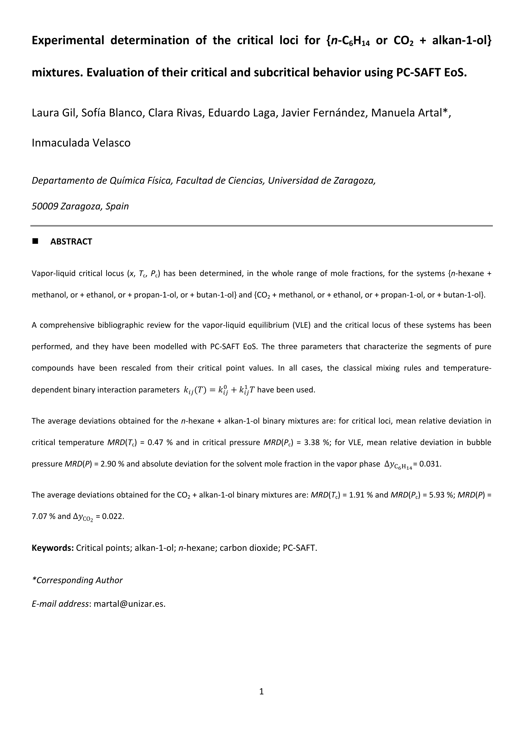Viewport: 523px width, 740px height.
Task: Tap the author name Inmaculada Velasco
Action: (81, 143)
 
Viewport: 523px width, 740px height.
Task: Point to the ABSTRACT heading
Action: (71, 242)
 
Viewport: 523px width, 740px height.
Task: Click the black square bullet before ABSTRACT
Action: (35, 241)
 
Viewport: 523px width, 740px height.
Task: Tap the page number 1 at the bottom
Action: (261, 691)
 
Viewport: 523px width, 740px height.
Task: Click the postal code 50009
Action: (45, 206)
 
